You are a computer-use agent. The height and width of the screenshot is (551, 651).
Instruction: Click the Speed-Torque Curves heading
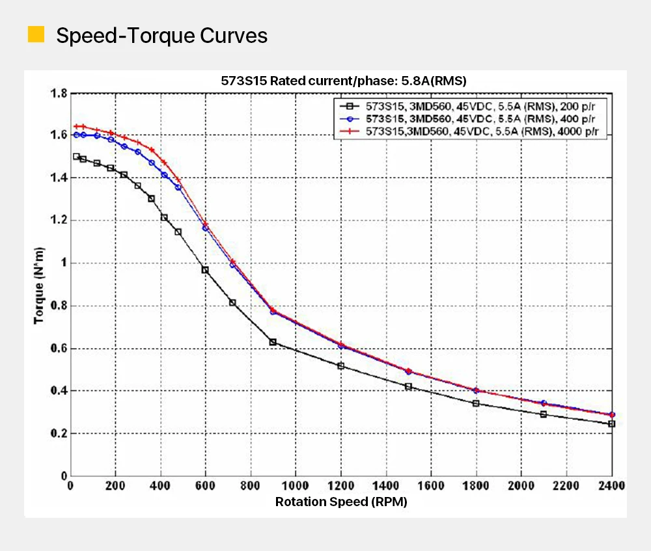161,35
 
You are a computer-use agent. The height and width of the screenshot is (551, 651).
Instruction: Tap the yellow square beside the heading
36,34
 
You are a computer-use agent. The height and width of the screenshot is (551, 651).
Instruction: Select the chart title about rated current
344,81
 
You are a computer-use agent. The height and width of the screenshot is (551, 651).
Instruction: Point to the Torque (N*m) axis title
40,284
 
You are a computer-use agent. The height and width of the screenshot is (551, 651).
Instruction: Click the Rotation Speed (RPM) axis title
341,502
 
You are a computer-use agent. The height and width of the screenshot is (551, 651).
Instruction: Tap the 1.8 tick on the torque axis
59,94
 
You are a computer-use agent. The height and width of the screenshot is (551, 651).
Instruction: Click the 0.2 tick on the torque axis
59,434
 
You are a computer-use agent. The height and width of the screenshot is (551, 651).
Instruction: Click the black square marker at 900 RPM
273,342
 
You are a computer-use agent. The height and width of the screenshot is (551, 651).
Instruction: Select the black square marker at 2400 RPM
611,423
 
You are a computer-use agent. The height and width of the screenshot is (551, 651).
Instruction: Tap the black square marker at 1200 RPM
340,366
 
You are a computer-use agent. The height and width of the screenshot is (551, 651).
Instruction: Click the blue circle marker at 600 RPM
205,228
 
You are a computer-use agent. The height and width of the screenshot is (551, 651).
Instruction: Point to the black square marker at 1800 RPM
476,403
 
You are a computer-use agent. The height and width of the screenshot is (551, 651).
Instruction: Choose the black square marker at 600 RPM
205,270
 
